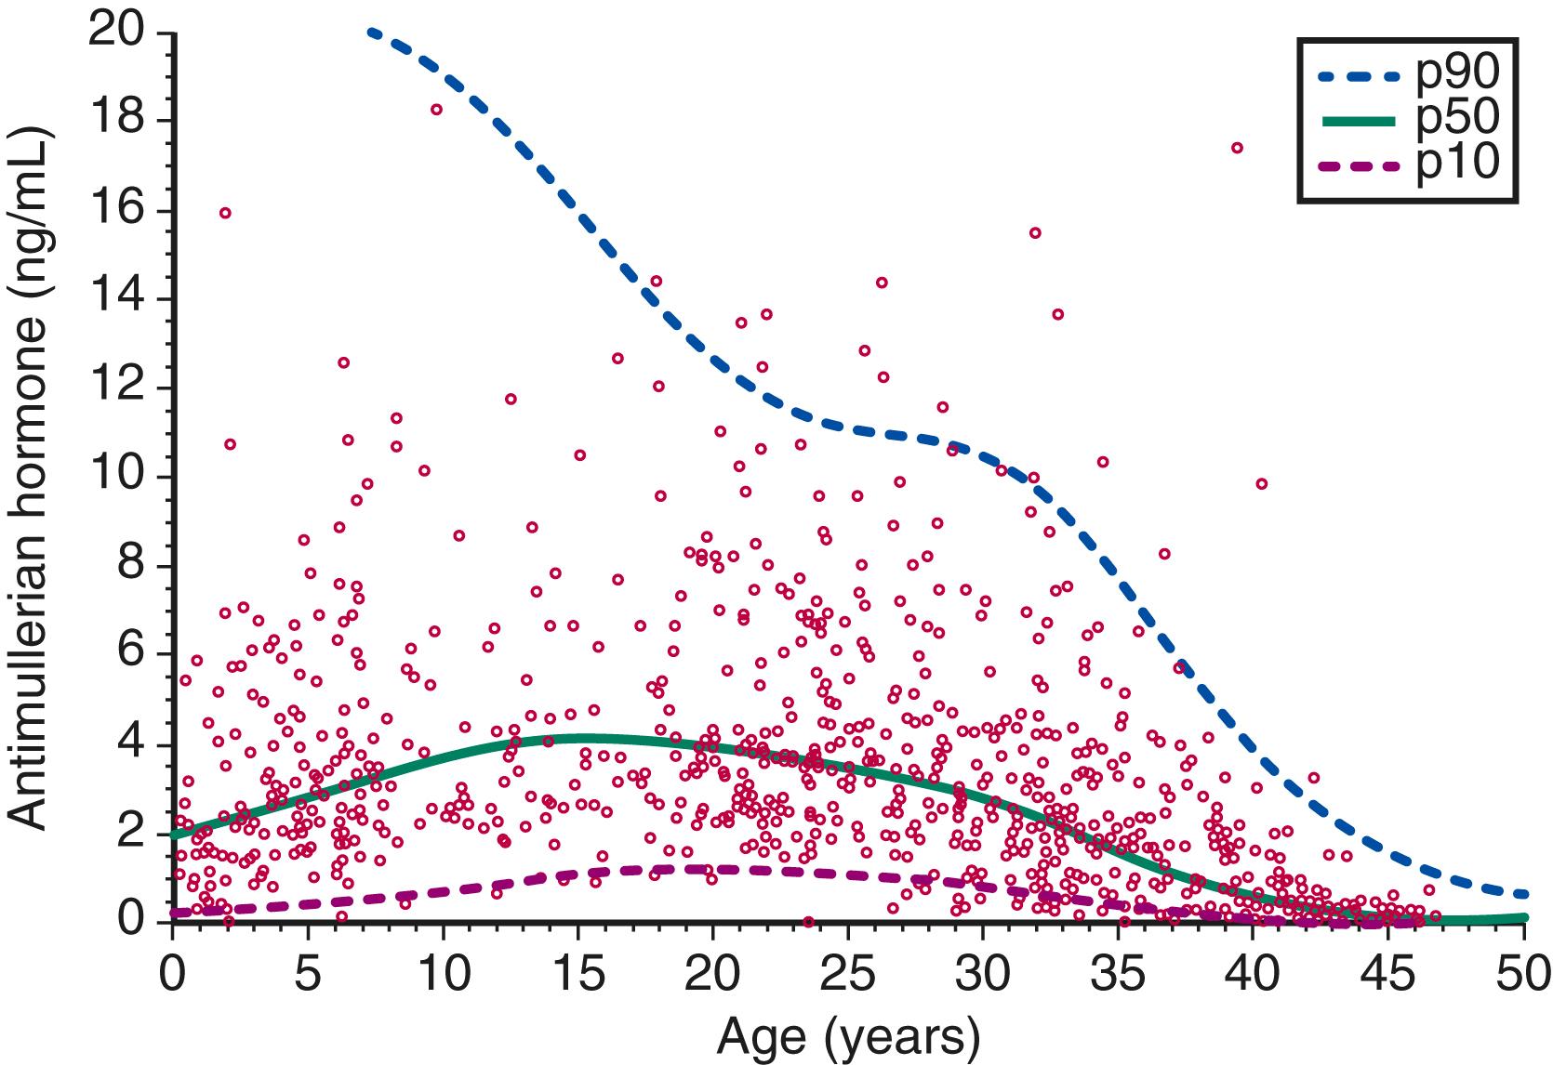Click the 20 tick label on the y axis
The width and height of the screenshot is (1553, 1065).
point(117,33)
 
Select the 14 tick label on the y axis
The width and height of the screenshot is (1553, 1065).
point(117,299)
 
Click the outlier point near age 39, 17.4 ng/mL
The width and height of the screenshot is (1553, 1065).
point(1237,148)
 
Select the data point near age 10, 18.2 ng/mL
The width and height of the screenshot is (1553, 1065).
point(436,109)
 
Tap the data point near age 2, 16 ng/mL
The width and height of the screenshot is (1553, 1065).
point(225,213)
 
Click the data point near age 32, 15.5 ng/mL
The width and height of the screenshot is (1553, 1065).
point(1035,232)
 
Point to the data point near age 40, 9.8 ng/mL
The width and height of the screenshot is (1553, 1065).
point(1261,483)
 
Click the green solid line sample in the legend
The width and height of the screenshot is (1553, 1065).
point(1358,121)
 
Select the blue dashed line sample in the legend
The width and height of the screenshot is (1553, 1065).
point(1358,79)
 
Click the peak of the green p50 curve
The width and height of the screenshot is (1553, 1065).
point(577,739)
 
